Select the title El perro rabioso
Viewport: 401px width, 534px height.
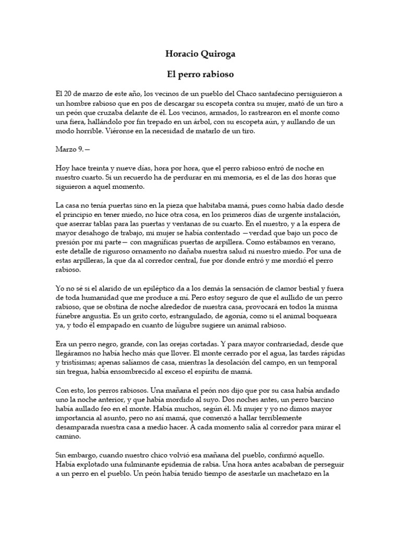pos(200,75)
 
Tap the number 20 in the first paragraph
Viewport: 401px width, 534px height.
pos(67,94)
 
